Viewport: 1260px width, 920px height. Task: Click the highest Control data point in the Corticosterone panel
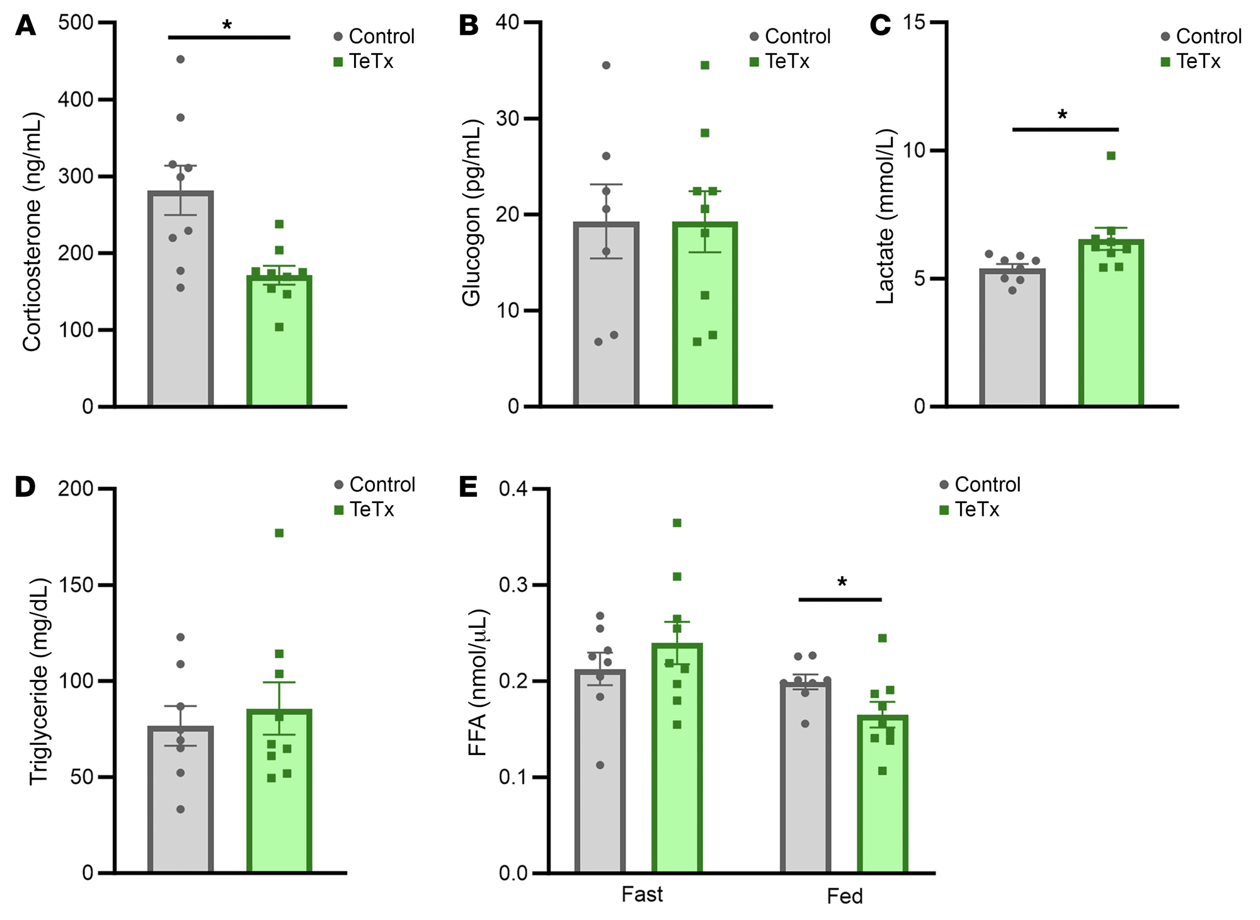point(180,59)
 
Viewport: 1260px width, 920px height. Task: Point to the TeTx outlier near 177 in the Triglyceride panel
point(279,533)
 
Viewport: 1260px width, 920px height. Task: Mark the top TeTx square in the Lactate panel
point(1111,156)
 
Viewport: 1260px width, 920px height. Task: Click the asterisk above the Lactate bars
point(1062,115)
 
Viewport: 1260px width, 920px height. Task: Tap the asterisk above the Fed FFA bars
point(842,582)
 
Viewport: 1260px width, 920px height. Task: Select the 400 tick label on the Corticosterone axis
point(76,99)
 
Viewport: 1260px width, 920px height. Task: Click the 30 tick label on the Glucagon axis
point(507,118)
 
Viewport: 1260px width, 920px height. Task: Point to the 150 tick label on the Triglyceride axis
point(76,585)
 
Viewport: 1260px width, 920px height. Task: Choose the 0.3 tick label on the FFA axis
point(513,585)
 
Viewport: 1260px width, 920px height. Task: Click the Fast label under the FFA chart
point(642,894)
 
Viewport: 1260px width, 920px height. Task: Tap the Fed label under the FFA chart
point(844,896)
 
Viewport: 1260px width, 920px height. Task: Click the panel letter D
point(25,487)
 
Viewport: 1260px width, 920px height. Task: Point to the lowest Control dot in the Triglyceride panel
point(181,809)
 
